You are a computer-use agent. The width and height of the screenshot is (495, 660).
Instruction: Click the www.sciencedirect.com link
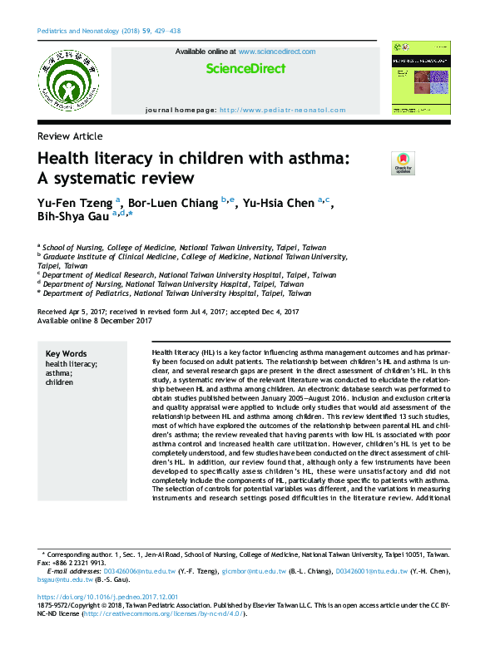277,52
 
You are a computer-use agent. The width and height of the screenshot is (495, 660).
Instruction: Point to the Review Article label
71,136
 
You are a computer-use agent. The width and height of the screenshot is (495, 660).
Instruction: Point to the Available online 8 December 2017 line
95,320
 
